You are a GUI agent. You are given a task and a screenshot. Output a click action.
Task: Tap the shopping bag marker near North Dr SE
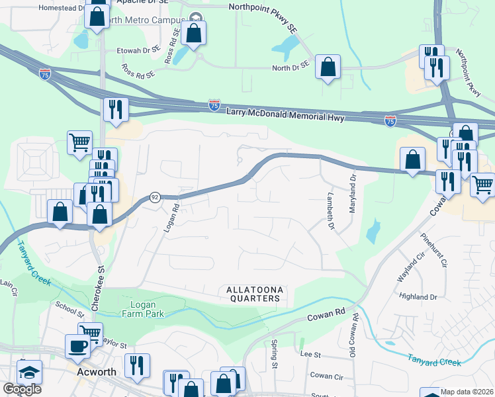click(328, 67)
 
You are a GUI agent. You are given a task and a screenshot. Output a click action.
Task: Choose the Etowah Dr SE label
click(138, 49)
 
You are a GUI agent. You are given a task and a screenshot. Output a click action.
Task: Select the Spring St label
click(273, 355)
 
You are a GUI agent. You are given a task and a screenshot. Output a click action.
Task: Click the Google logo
click(22, 389)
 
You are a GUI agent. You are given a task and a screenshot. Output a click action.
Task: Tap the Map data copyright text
click(467, 392)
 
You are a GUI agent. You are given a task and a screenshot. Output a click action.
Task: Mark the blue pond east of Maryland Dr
click(373, 231)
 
